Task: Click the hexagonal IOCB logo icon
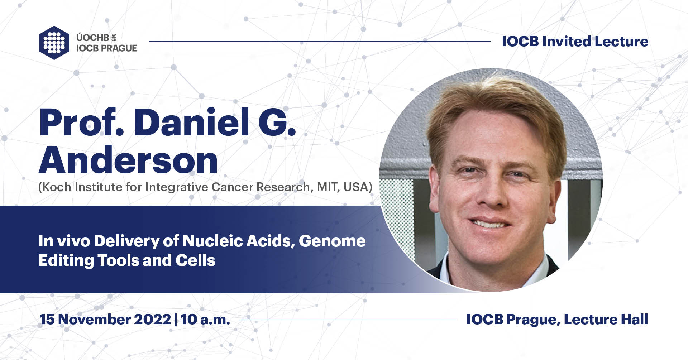[x=54, y=43]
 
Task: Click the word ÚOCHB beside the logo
[x=92, y=37]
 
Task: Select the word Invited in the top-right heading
[x=566, y=42]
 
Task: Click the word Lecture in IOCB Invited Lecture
[x=621, y=42]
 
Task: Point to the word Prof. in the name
[x=81, y=123]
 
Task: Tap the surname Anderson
[x=128, y=160]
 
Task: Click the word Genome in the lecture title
[x=332, y=241]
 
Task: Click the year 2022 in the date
[x=152, y=319]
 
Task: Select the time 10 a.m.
[x=205, y=319]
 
